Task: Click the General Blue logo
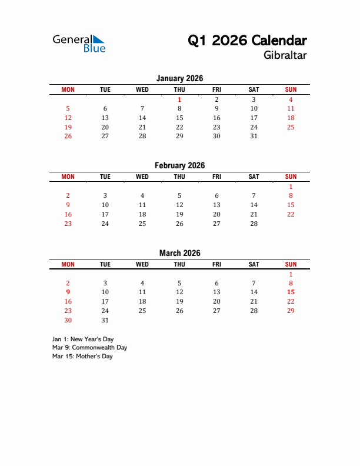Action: click(x=79, y=43)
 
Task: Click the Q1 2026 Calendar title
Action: click(x=247, y=41)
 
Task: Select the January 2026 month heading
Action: click(x=179, y=78)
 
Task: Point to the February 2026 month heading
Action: click(x=179, y=165)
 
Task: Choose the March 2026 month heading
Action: click(x=179, y=253)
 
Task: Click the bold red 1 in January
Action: click(x=179, y=99)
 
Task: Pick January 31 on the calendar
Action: click(x=254, y=136)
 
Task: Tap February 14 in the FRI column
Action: click(x=254, y=205)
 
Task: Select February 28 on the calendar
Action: click(x=254, y=223)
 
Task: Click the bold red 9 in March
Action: click(x=68, y=292)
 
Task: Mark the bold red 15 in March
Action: click(x=291, y=292)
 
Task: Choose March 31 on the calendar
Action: click(x=105, y=320)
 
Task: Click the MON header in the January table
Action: click(x=68, y=89)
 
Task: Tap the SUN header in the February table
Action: click(x=291, y=177)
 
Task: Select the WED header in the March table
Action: click(x=142, y=264)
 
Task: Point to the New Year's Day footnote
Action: click(x=83, y=339)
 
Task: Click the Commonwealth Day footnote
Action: click(x=89, y=347)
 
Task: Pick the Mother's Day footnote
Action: click(x=82, y=356)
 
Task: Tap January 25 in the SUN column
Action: click(x=291, y=127)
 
